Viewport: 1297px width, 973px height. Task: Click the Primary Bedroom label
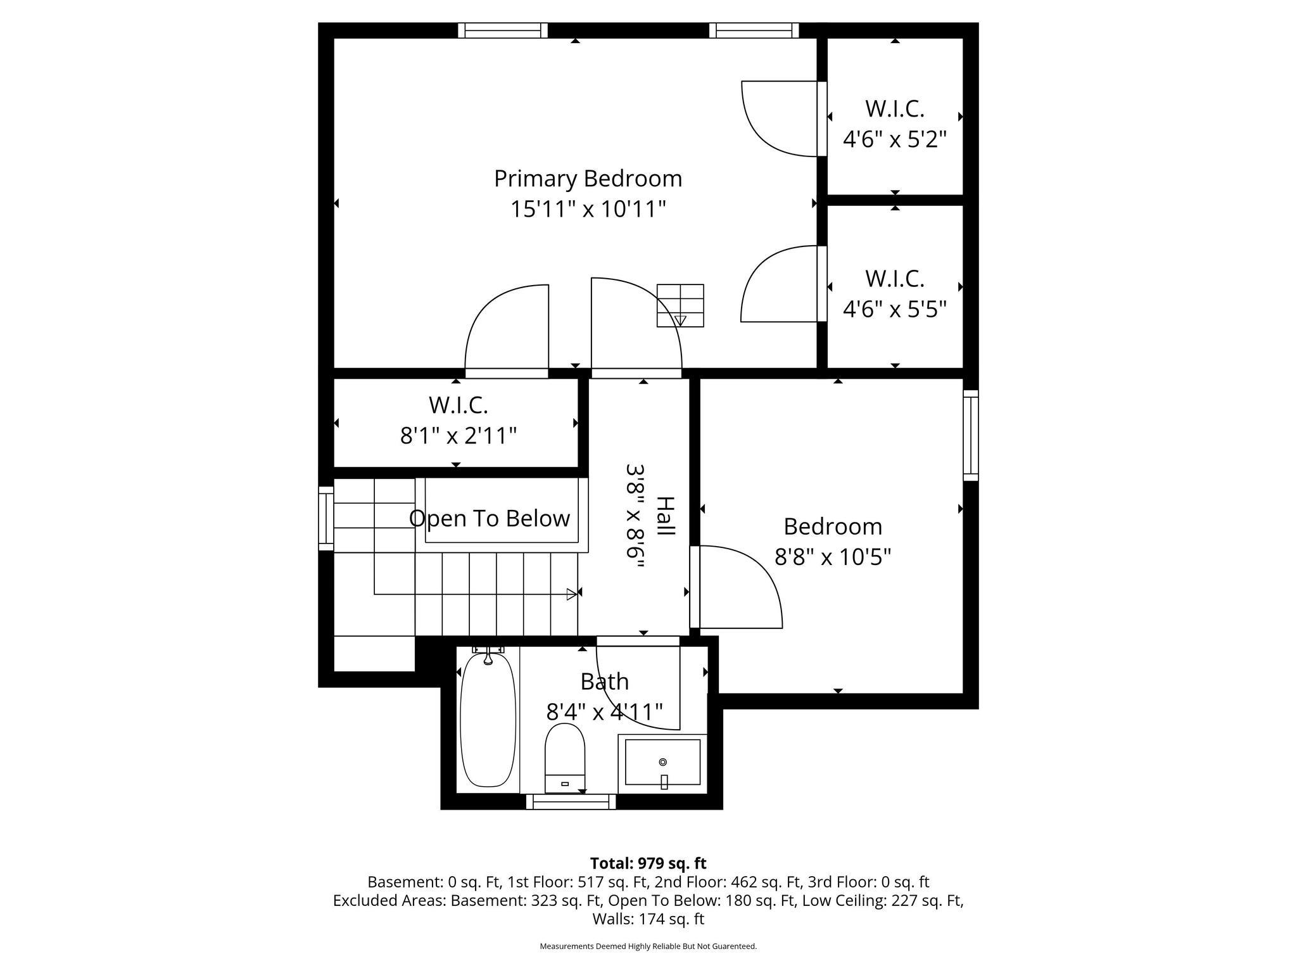(x=588, y=179)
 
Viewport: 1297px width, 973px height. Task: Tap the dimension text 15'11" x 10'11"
(x=588, y=208)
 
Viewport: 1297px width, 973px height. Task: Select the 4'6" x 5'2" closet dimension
(x=894, y=139)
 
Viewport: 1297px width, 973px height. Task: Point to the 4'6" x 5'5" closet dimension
(x=894, y=309)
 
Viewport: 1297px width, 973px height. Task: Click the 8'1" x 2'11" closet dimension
(x=459, y=436)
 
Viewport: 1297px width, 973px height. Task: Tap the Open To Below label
(x=490, y=518)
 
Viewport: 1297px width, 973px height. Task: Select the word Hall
(x=665, y=515)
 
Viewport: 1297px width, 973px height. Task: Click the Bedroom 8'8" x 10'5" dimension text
(x=833, y=557)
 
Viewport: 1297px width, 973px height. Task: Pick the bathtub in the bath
(x=488, y=720)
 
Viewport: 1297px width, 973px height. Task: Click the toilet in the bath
(x=565, y=758)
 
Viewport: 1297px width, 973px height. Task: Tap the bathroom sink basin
(x=662, y=764)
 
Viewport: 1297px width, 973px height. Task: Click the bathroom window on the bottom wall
(x=571, y=802)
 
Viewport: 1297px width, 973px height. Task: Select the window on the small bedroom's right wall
(x=971, y=436)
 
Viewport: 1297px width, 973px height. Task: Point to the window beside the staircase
(x=326, y=519)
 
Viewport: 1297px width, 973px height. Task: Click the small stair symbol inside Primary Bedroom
(x=680, y=306)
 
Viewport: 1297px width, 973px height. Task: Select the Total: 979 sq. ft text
(x=648, y=863)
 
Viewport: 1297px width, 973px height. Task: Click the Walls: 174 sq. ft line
(x=648, y=919)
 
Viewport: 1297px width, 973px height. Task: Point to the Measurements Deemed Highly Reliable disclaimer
(x=648, y=946)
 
